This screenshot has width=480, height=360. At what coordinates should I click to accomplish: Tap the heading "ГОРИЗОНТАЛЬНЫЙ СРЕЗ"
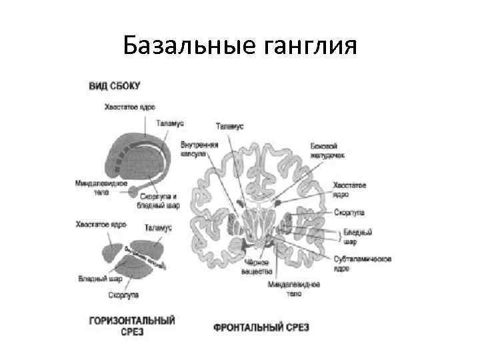132,325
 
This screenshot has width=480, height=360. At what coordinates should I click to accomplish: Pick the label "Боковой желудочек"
329,149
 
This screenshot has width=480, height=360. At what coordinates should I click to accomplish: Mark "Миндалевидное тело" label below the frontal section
293,288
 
